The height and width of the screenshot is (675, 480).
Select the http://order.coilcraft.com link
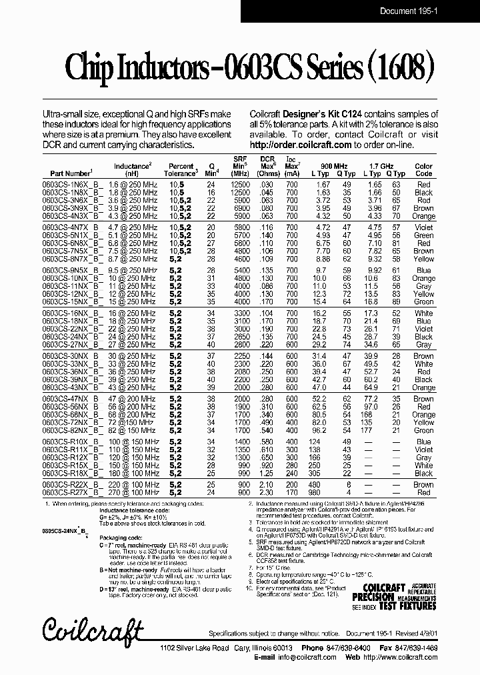(301, 145)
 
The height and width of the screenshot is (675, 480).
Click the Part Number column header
(67, 173)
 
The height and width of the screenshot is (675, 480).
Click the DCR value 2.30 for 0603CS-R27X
(267, 492)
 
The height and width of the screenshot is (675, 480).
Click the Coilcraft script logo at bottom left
(93, 628)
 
